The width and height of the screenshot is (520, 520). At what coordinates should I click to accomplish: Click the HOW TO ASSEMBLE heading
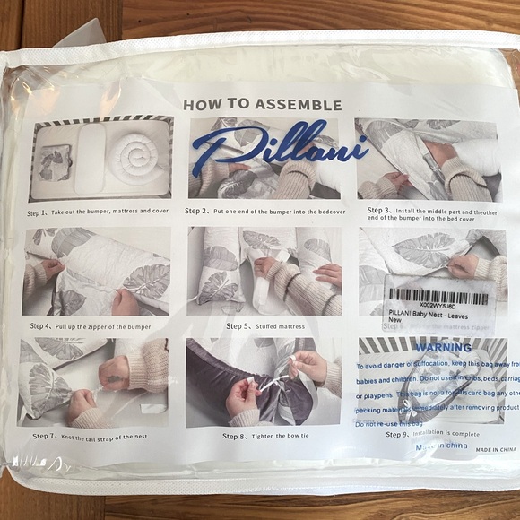[x=262, y=105]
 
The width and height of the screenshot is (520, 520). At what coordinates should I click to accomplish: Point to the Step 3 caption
[x=431, y=213]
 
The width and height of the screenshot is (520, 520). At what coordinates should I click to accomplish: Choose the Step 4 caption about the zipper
[x=91, y=326]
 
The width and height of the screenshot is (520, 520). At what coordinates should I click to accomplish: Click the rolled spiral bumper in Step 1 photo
[x=134, y=155]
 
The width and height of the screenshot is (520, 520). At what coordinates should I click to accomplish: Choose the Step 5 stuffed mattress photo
[x=264, y=271]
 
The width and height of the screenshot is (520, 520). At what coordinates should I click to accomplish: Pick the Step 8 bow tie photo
[x=263, y=383]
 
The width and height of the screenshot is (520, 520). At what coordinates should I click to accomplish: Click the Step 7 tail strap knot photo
[x=93, y=382]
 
